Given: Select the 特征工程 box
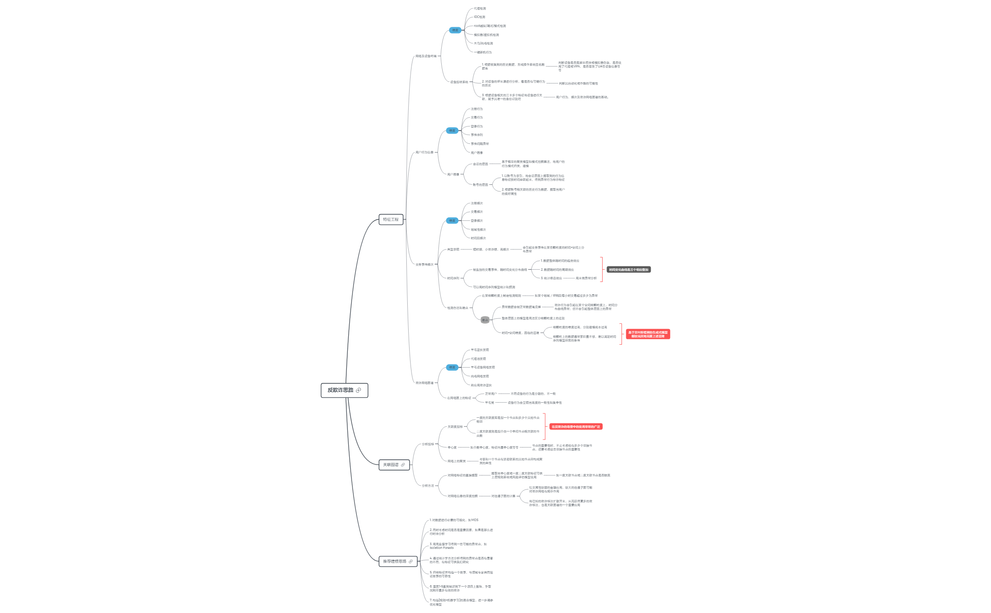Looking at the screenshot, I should coord(391,220).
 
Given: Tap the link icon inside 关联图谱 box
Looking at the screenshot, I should coord(403,465).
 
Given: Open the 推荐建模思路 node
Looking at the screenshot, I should coord(395,562).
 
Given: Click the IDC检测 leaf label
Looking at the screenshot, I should coord(479,17).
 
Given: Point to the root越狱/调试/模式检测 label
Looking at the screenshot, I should coord(490,26).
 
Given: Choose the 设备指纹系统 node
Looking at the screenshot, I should coord(459,82).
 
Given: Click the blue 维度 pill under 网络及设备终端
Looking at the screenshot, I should coord(455,30).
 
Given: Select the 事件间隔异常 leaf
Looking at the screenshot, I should coord(479,144).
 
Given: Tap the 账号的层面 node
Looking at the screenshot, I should coord(480,185).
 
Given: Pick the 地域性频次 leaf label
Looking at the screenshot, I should coord(478,230).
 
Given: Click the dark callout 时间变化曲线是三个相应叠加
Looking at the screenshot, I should coord(629,270).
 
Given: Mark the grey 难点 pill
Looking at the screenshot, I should coord(485,320).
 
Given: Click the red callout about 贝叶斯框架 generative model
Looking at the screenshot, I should coord(648,334).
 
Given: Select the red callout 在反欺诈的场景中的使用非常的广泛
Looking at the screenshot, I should coord(576,427).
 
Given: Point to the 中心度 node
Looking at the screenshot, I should coord(452,447).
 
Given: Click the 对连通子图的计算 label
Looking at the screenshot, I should coord(503,496).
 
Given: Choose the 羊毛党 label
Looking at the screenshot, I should coord(489,403).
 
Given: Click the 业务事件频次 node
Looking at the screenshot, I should coord(424,265).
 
